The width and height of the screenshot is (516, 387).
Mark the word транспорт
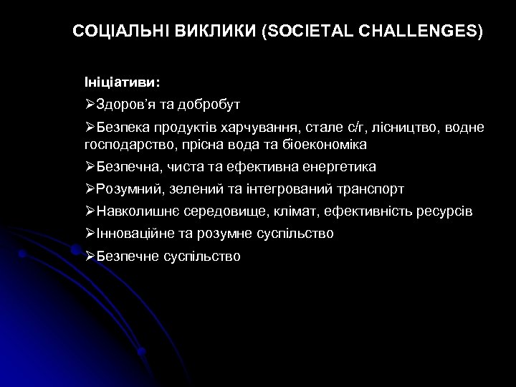click(x=369, y=189)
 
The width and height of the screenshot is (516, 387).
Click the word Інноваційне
click(x=133, y=234)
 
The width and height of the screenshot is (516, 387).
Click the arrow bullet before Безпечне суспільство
click(x=90, y=256)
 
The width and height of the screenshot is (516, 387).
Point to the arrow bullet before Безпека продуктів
click(x=90, y=128)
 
